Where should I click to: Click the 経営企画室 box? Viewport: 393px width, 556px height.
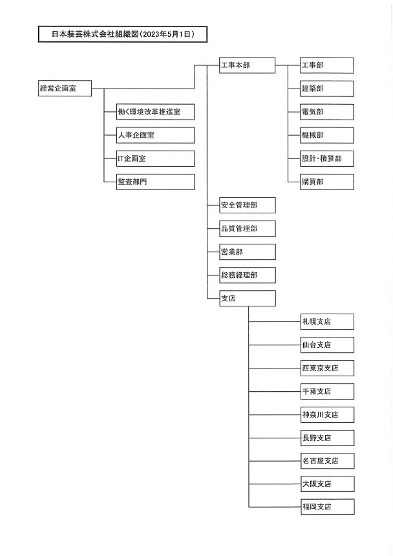click(65, 89)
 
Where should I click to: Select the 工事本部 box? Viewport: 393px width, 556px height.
click(247, 65)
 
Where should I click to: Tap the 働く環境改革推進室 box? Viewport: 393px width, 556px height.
click(155, 112)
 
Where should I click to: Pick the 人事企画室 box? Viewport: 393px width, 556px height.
click(155, 135)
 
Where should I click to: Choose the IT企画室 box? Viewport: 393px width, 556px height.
click(155, 158)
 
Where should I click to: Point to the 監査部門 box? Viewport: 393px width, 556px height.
click(155, 182)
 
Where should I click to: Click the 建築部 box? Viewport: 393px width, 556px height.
click(326, 89)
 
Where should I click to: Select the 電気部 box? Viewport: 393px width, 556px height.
click(326, 112)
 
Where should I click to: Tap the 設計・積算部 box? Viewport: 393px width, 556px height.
click(326, 158)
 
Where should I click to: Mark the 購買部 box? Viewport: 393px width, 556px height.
click(326, 182)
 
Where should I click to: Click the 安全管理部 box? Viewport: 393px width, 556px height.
click(248, 206)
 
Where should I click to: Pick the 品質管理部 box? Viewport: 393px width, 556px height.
click(248, 229)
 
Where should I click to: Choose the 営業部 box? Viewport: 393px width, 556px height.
click(248, 251)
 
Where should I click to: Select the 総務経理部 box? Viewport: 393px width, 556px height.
click(248, 275)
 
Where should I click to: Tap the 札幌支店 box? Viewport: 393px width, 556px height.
click(328, 321)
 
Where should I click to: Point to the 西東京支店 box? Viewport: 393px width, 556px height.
click(328, 368)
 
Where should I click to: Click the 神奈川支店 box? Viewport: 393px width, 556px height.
click(328, 414)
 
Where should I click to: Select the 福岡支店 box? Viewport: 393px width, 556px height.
click(328, 507)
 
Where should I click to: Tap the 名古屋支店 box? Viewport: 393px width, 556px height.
click(328, 461)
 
